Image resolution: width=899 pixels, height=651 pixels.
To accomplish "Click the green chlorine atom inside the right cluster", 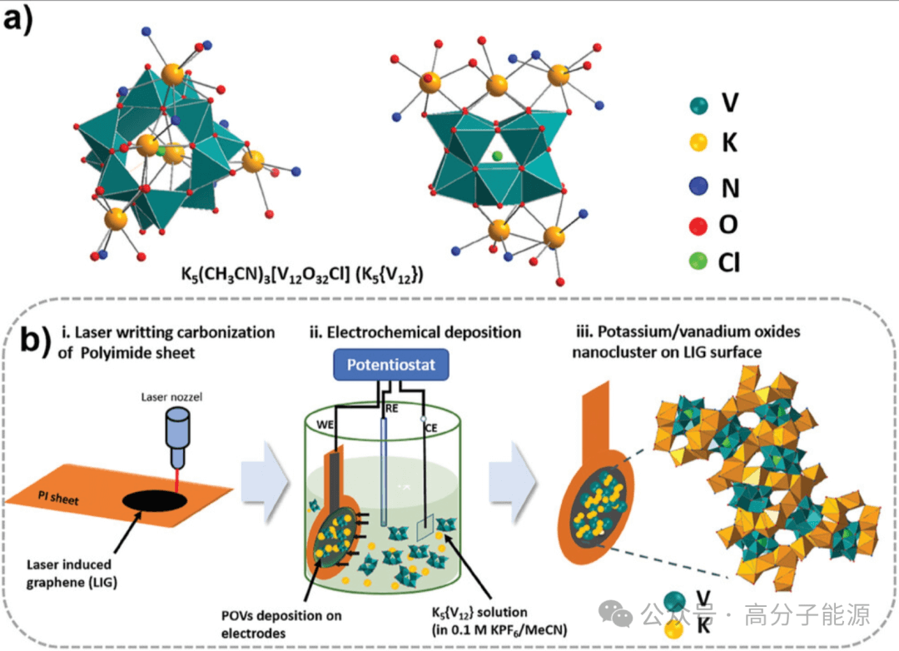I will [498, 156].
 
